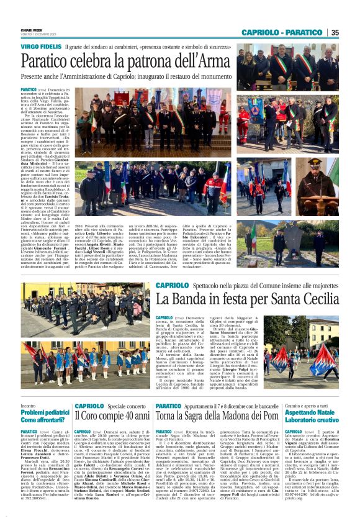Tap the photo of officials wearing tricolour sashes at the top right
point(287,66)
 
